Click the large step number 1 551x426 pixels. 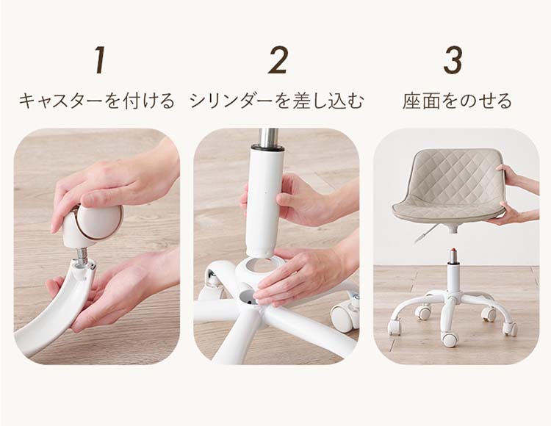point(100,59)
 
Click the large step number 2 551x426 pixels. point(278,59)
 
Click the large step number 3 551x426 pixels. point(453,59)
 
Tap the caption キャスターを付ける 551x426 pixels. point(96,101)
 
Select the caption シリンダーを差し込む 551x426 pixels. point(276,101)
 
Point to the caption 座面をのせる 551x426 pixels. point(457,101)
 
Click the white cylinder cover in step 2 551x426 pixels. point(264,201)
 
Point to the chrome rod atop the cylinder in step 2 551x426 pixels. point(269,137)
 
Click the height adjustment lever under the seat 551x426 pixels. point(425,233)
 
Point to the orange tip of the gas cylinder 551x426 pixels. point(454,250)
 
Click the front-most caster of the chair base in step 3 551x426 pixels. point(450,339)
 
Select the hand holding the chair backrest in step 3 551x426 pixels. point(516,178)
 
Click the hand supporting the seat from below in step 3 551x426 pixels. point(514,214)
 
